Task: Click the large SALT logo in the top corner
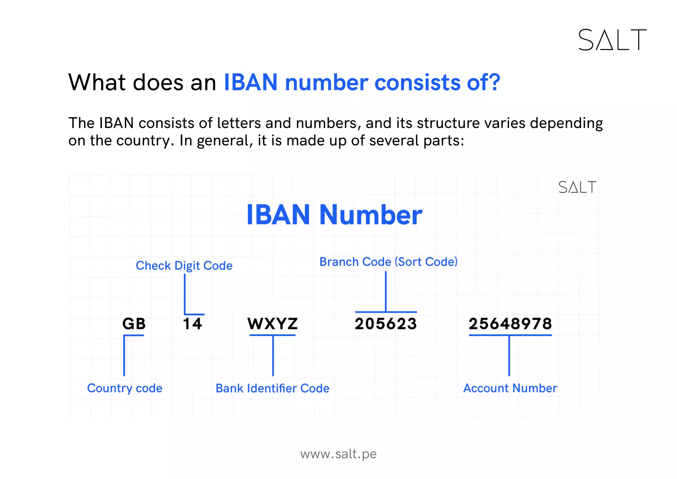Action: pos(612,40)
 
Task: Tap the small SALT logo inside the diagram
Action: pos(577,187)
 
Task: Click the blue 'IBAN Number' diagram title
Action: pos(334,215)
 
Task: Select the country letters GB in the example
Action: pos(134,324)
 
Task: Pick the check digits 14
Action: pos(192,324)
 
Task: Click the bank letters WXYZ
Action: pos(273,324)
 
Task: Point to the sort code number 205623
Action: pos(385,324)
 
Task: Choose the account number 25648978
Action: pos(510,324)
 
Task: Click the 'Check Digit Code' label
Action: pos(184,266)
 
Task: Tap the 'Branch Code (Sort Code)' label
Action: pos(388,262)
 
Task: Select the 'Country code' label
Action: pos(125,388)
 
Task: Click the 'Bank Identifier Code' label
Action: pos(272,388)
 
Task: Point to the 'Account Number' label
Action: pos(510,388)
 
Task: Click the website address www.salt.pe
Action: pos(338,454)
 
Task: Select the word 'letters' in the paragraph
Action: pos(239,123)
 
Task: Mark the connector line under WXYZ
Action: pos(273,356)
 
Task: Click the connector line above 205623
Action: pos(386,291)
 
